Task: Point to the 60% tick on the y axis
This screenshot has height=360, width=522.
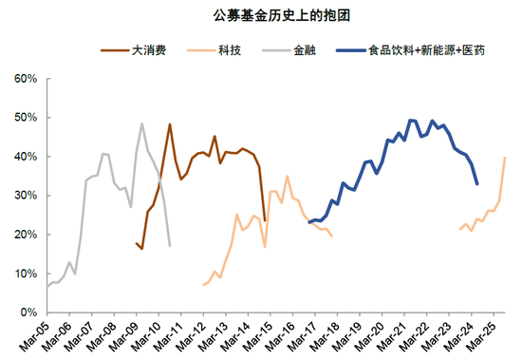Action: (x=25, y=78)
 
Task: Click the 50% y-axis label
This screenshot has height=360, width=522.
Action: (x=25, y=117)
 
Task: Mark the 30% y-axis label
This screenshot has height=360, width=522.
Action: (x=25, y=195)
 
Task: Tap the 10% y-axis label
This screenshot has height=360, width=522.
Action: (x=25, y=274)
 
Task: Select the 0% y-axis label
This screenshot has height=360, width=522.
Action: (x=28, y=313)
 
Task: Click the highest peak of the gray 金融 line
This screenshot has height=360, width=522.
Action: (x=142, y=123)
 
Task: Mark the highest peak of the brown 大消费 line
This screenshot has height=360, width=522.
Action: (x=170, y=124)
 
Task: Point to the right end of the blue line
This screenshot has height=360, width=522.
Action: (x=476, y=183)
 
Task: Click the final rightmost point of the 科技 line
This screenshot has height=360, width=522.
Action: (x=505, y=158)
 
